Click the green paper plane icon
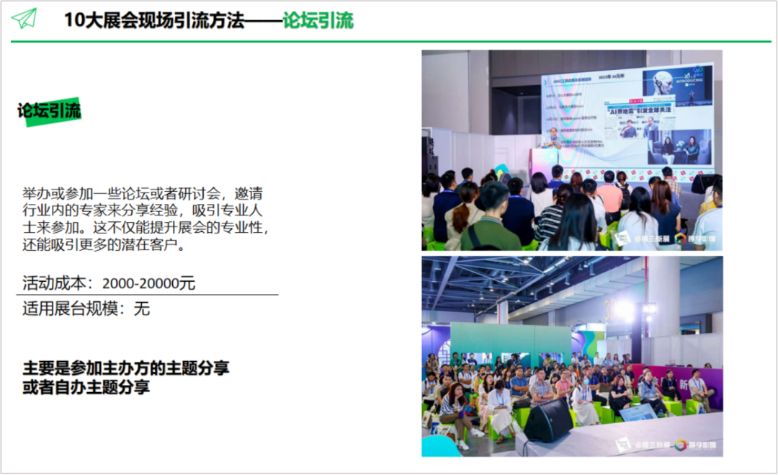[x=24, y=18]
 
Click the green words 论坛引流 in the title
[x=318, y=20]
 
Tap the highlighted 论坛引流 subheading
[x=50, y=111]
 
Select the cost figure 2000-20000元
[x=148, y=283]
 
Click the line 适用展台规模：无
[x=86, y=309]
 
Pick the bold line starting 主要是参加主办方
[x=126, y=368]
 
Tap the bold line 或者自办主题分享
[x=86, y=387]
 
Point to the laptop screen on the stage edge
[x=638, y=412]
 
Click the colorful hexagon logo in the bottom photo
[x=681, y=445]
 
